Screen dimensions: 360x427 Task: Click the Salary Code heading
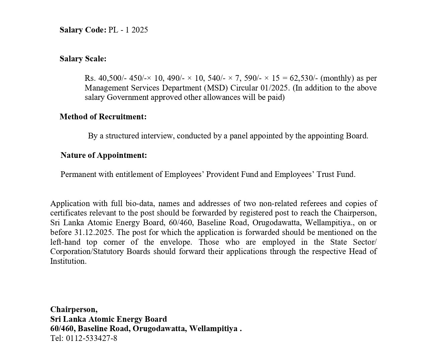tap(83, 30)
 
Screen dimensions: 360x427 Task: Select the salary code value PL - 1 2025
tap(128, 30)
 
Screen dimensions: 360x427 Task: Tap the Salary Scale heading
tap(83, 59)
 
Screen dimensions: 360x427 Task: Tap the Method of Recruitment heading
tap(103, 117)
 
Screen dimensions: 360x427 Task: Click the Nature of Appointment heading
tap(103, 155)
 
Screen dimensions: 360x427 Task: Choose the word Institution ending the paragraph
tap(68, 261)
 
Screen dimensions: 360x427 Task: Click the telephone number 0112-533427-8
tap(91, 338)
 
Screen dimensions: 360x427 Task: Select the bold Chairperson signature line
tap(74, 309)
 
